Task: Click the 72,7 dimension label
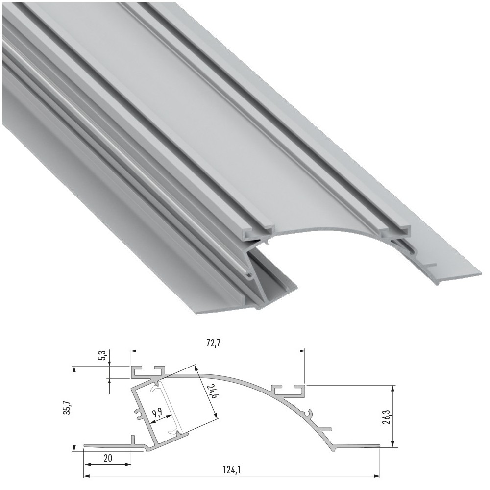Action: click(x=212, y=343)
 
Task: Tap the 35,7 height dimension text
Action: click(x=67, y=408)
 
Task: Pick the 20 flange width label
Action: click(x=107, y=458)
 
